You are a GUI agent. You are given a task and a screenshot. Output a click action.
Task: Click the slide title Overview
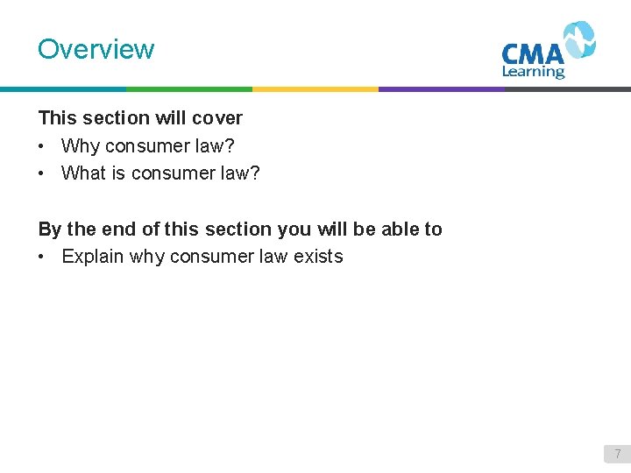click(x=96, y=49)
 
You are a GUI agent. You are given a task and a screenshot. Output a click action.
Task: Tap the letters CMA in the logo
click(x=533, y=53)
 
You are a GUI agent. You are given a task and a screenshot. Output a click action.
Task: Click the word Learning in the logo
click(x=533, y=72)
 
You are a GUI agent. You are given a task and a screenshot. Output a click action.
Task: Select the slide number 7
click(x=617, y=454)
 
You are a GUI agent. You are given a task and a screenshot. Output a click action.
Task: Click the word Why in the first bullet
click(x=81, y=145)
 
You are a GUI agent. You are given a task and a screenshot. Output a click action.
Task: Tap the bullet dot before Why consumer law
click(x=42, y=145)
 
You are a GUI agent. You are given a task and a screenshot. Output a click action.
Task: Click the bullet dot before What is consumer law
click(x=42, y=173)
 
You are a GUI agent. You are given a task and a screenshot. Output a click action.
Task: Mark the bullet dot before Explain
click(x=42, y=257)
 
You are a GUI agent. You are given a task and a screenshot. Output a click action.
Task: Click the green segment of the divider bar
click(x=189, y=89)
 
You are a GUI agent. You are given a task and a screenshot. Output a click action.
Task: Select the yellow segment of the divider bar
click(x=315, y=89)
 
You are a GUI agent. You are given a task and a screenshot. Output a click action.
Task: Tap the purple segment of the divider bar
click(x=442, y=89)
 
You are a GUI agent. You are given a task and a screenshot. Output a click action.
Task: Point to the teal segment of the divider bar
click(x=63, y=89)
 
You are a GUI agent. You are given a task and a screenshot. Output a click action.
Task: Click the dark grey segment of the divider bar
click(x=568, y=89)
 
